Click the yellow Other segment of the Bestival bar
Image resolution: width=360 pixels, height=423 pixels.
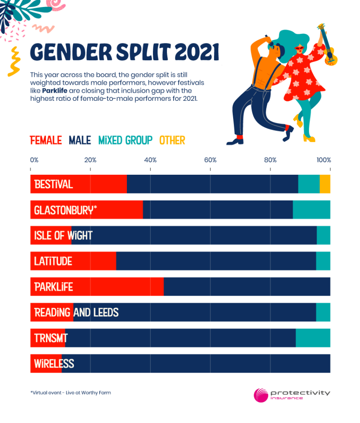[x=325, y=184]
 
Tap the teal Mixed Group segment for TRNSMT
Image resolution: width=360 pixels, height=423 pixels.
[x=313, y=338]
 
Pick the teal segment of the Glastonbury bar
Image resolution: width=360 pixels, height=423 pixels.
[x=311, y=210]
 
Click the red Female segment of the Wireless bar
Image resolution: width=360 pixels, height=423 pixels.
[x=46, y=364]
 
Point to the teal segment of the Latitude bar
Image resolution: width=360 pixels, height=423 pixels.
[x=323, y=261]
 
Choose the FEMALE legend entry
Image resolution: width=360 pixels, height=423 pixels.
[x=46, y=140]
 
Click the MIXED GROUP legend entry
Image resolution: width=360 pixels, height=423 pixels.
[x=125, y=140]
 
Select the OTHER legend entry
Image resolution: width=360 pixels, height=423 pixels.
[x=172, y=140]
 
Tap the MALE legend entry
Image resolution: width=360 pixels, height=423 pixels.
[x=80, y=140]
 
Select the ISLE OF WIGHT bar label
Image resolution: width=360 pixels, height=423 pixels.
[x=63, y=235]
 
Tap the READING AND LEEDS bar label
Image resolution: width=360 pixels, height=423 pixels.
[x=76, y=312]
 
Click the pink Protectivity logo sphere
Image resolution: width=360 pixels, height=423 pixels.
[x=261, y=395]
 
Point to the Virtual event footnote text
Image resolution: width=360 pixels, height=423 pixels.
[x=70, y=392]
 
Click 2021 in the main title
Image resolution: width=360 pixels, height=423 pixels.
[x=196, y=52]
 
